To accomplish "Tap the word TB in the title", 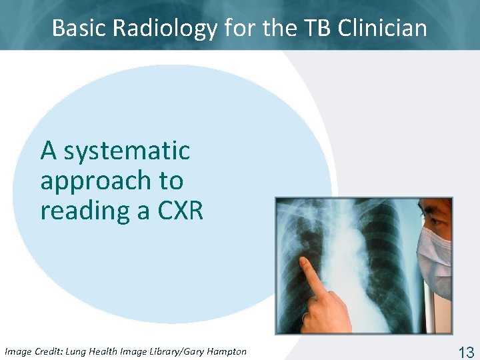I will [318, 28].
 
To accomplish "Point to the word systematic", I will [127, 151].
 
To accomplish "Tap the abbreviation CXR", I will [179, 211].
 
